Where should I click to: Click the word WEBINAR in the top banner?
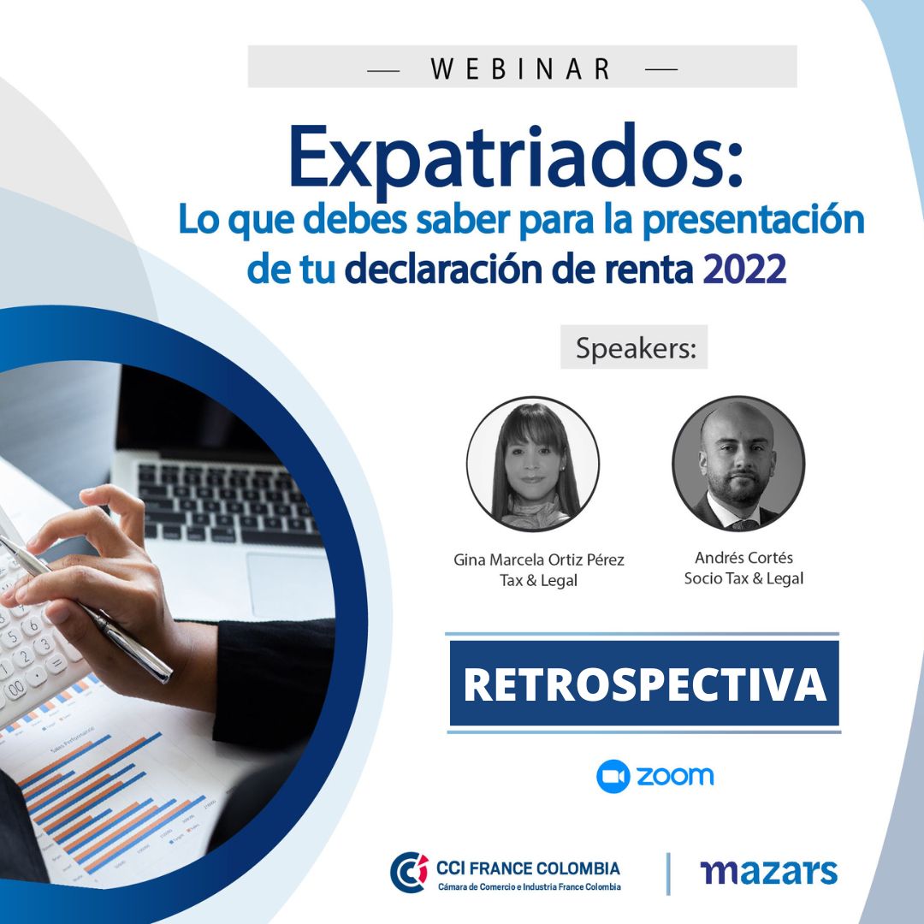pos(522,68)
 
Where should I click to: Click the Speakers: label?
pos(634,348)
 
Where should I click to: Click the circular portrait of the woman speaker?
pos(532,463)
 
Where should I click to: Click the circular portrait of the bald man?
pos(738,463)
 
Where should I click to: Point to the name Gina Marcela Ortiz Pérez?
pos(539,560)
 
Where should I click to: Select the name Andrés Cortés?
pos(743,558)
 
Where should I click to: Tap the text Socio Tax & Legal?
pos(743,579)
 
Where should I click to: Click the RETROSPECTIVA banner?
pos(644,684)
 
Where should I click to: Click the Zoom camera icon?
pos(613,776)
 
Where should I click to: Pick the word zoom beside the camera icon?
pos(675,776)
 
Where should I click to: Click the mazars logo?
pos(768,873)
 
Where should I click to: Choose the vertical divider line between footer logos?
pos(668,873)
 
